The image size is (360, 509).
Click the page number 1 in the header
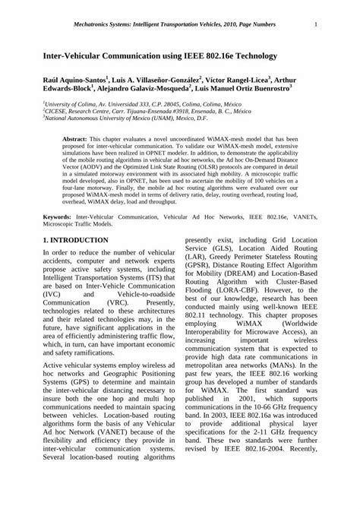314,24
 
